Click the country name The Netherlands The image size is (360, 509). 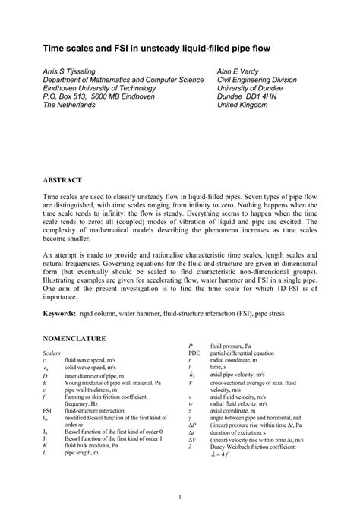[69, 106]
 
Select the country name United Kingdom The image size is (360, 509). [242, 106]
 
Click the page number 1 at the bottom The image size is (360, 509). [180, 497]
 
